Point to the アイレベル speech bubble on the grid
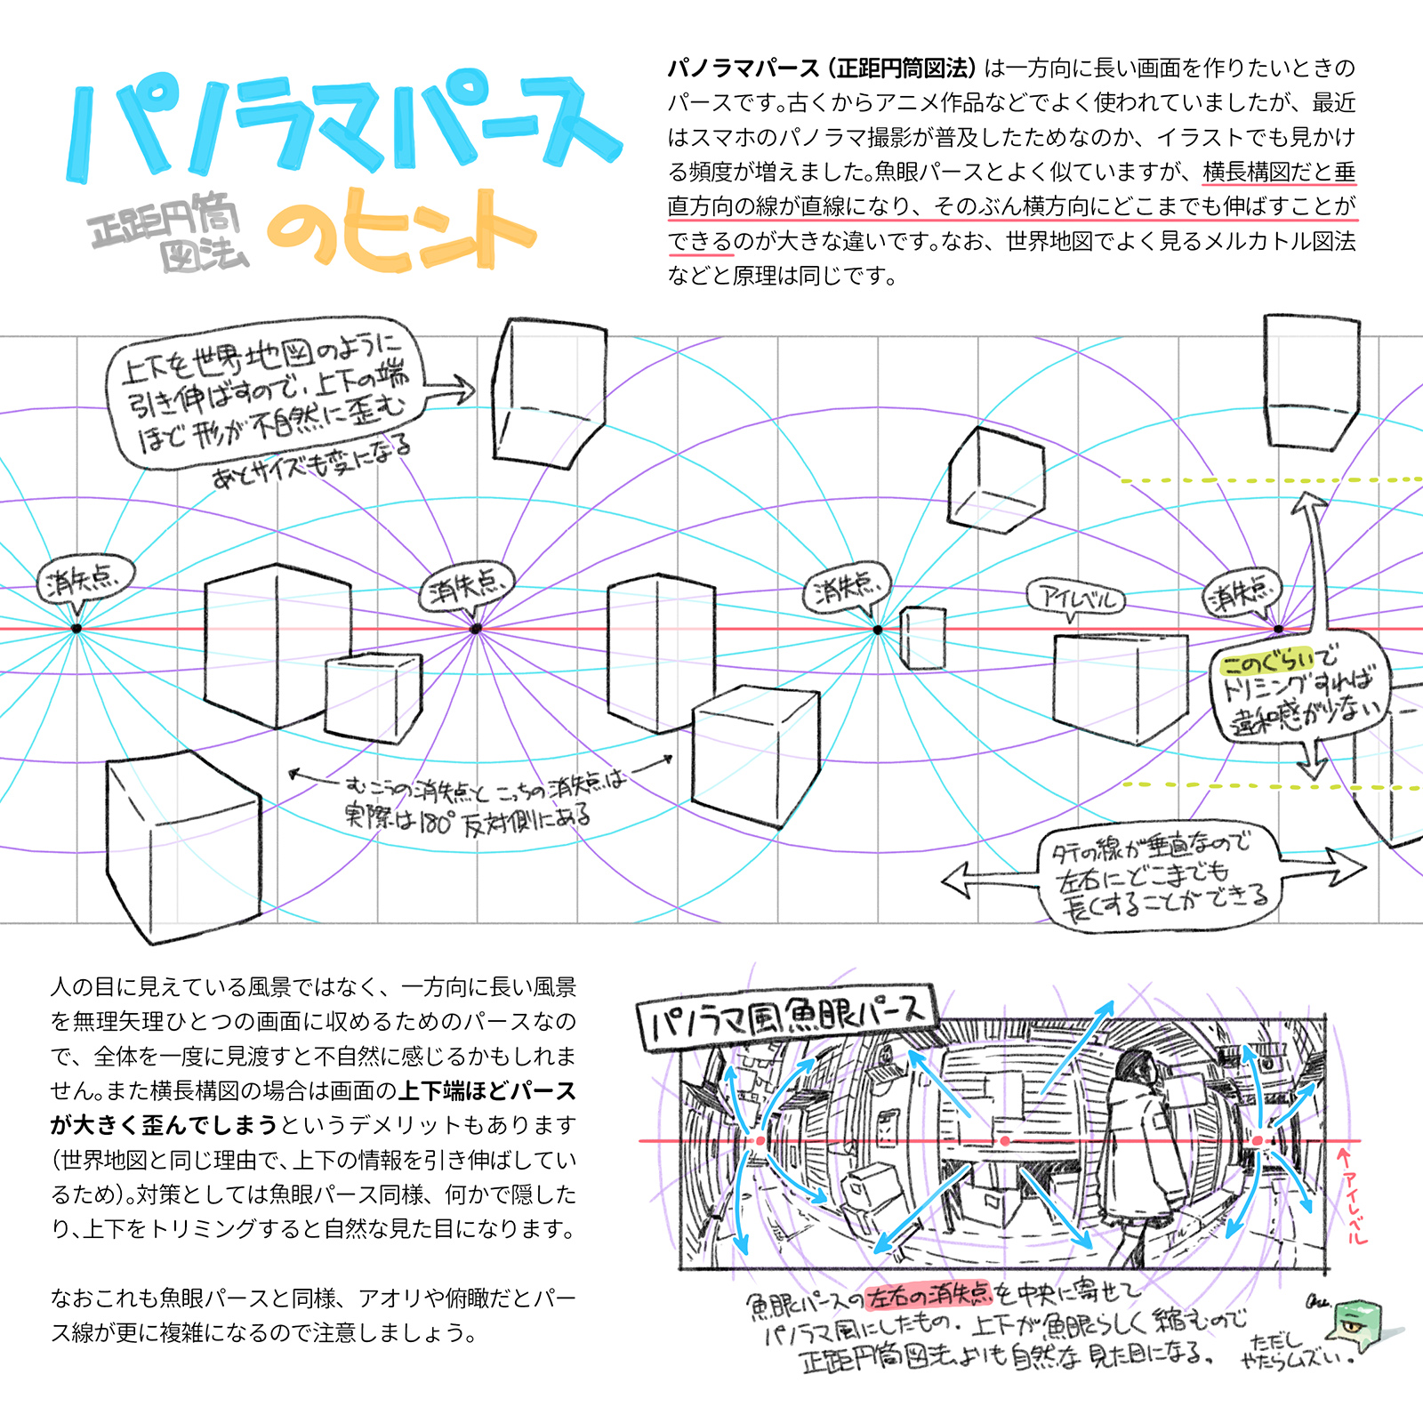click(x=1075, y=597)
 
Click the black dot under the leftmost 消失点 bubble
click(x=76, y=629)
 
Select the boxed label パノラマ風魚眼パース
click(x=786, y=1017)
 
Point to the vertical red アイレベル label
click(x=1353, y=1196)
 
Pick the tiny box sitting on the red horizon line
click(x=922, y=637)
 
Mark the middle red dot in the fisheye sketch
click(x=1004, y=1140)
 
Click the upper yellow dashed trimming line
click(x=1263, y=480)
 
